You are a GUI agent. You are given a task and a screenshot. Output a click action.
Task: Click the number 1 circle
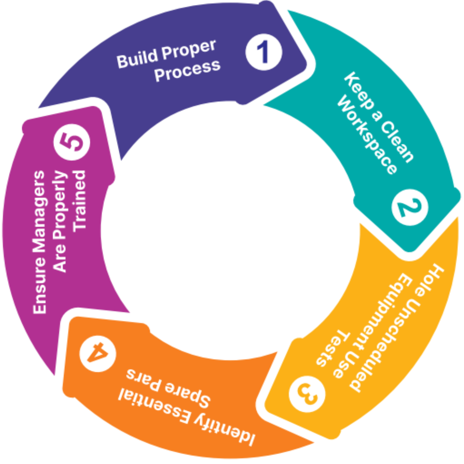point(264,52)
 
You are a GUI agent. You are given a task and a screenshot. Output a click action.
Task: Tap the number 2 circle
point(410,207)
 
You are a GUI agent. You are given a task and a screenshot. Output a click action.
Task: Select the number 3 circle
point(307,394)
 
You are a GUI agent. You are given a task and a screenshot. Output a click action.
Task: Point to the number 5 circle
point(72,142)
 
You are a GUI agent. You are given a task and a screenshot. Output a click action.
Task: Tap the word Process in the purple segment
point(187,71)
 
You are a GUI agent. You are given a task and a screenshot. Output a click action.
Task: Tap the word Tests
point(333,348)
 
